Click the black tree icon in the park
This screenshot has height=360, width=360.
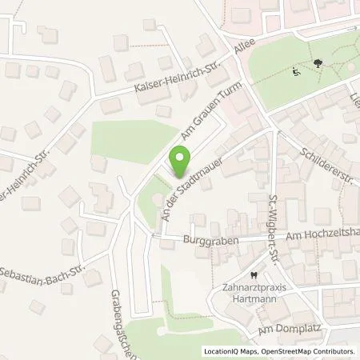(318, 62)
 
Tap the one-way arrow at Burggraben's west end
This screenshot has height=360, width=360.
(154, 236)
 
